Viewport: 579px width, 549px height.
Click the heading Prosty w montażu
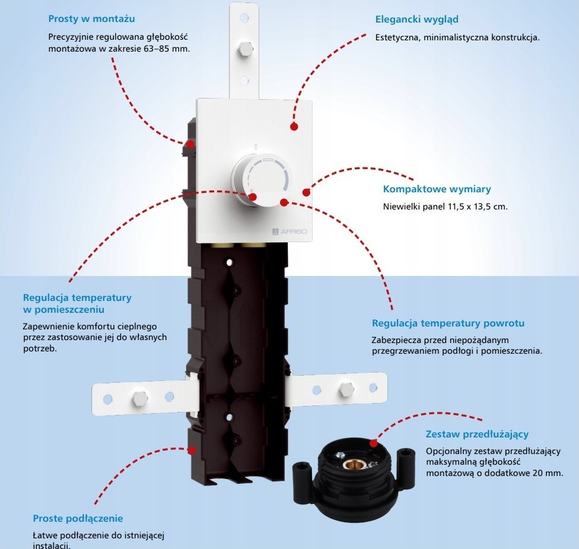click(x=91, y=19)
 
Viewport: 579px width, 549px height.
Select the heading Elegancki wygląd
click(x=417, y=20)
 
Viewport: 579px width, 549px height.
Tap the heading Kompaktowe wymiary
click(x=437, y=189)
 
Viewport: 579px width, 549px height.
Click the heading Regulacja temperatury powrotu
click(x=448, y=323)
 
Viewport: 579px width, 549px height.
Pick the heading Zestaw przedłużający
click(x=477, y=434)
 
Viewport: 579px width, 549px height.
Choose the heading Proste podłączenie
click(x=78, y=518)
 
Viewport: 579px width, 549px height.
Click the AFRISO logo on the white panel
click(x=289, y=231)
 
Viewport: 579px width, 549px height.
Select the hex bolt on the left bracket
click(x=140, y=398)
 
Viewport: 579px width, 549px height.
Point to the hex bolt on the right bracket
click(x=346, y=388)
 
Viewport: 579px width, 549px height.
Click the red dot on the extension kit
click(x=374, y=443)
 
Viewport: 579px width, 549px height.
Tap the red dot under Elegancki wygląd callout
click(x=294, y=126)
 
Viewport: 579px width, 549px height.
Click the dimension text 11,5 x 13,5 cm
click(x=478, y=207)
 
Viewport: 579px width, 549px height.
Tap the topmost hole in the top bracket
click(x=244, y=17)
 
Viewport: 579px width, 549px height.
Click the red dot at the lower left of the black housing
click(x=191, y=450)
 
